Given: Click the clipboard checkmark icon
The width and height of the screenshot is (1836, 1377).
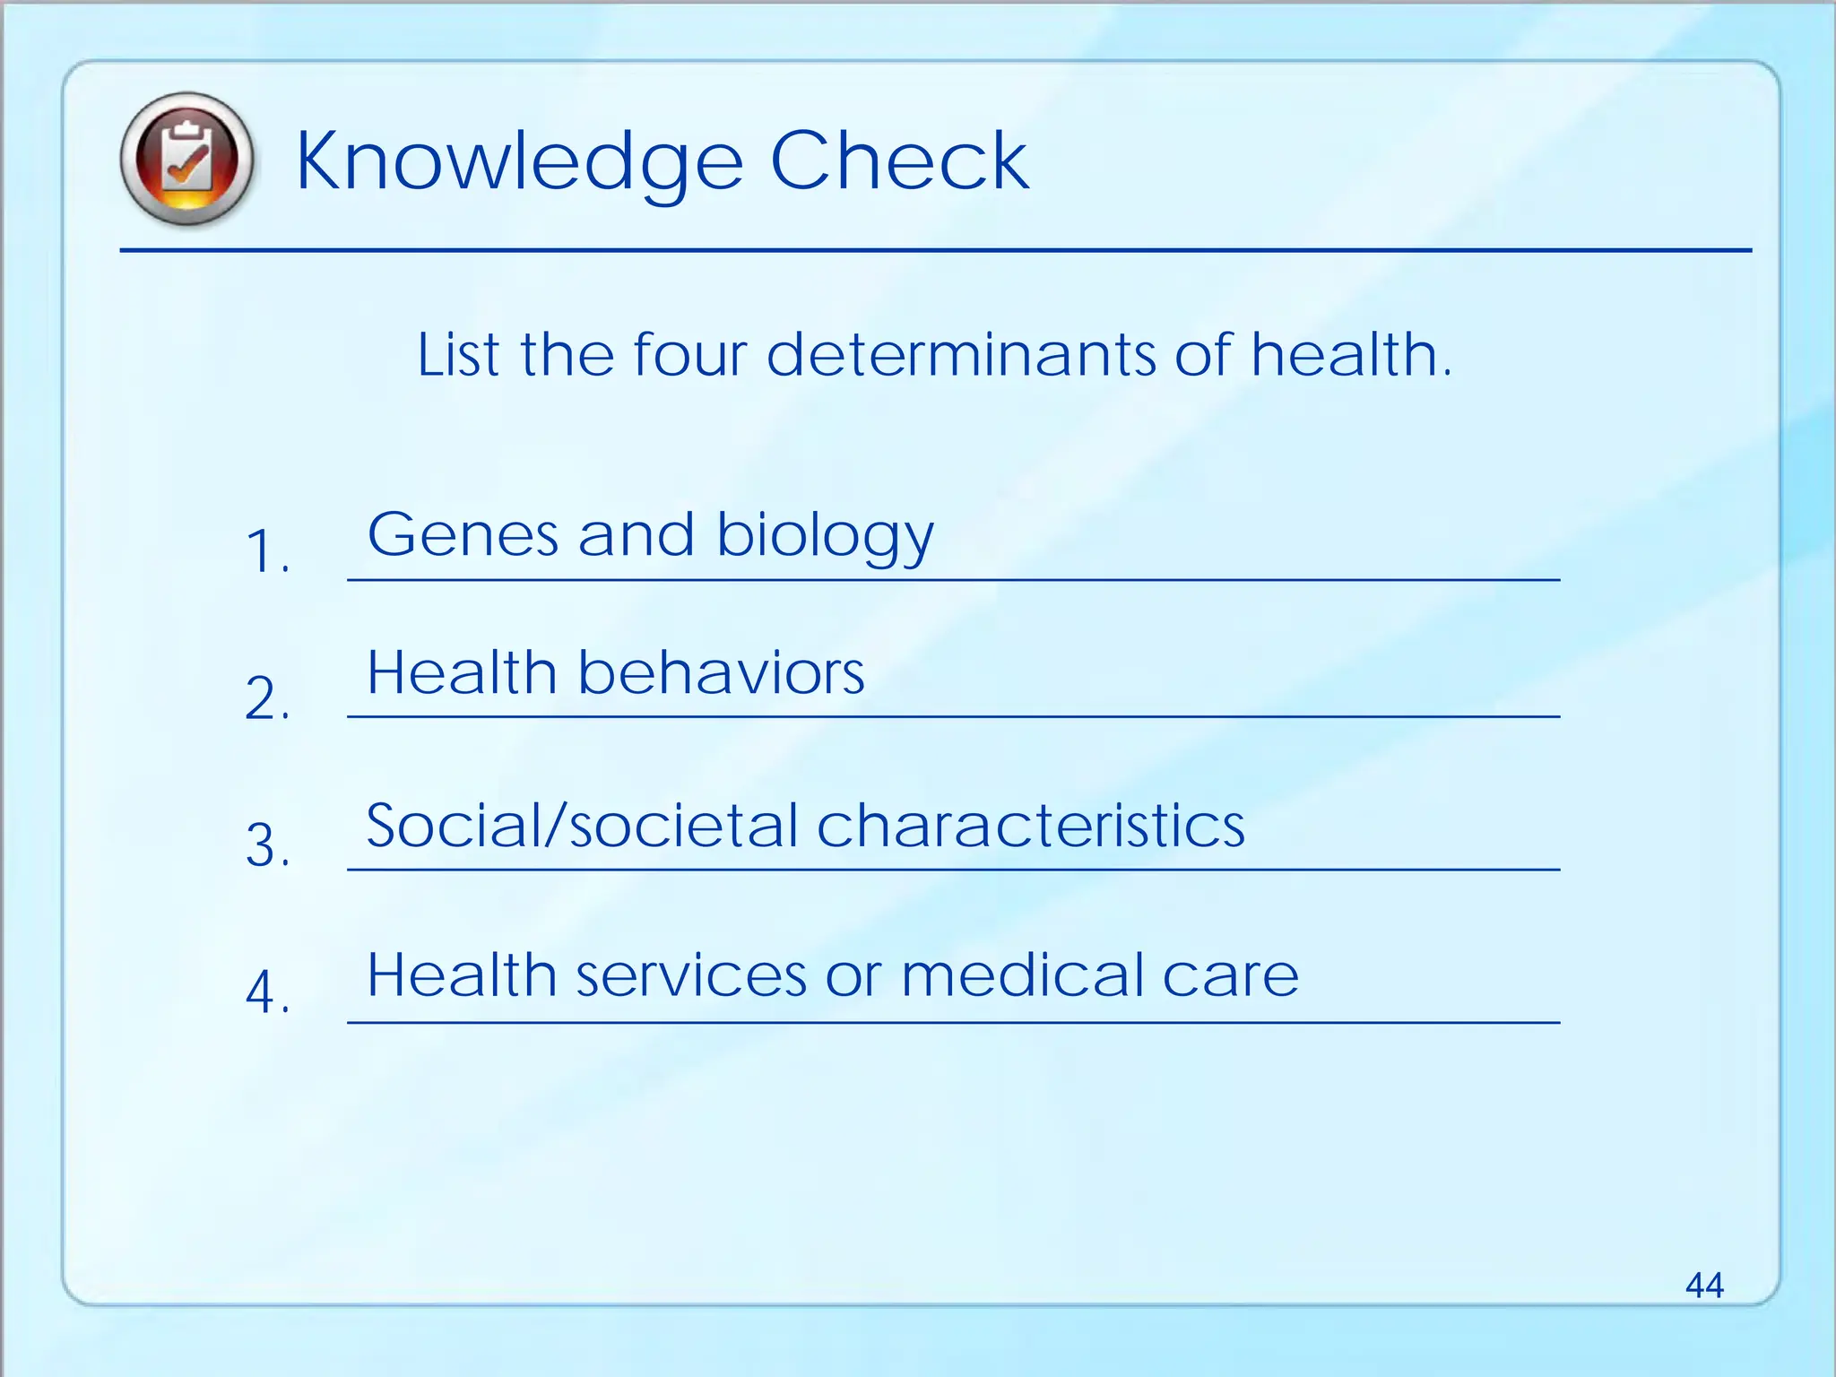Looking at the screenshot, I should (186, 159).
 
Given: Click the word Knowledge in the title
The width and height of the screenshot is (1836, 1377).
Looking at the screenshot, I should (519, 161).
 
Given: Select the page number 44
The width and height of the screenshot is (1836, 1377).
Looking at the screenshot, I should (1703, 1285).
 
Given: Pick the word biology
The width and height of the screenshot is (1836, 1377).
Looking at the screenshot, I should (825, 536).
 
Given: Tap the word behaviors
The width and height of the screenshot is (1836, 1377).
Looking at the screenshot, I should (721, 672).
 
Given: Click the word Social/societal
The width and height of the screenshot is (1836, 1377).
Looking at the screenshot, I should (581, 825).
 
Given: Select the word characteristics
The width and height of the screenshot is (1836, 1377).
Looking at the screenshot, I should (1030, 825).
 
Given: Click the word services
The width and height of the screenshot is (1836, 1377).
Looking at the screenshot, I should (690, 975).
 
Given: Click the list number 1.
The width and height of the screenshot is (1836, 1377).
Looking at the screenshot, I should (265, 550).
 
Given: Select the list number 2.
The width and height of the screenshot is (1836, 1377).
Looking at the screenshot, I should (265, 697).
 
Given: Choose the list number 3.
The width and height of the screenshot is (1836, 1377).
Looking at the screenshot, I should (265, 844).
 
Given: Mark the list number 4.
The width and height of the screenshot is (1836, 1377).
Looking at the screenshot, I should (265, 992).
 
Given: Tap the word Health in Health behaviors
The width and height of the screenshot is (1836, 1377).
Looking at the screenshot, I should (462, 672).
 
